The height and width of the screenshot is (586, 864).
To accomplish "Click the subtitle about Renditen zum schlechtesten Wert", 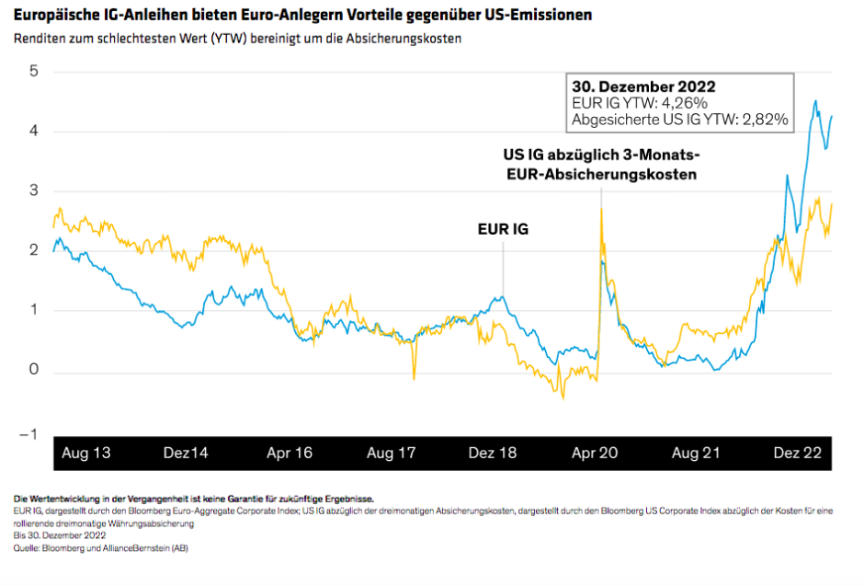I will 237,39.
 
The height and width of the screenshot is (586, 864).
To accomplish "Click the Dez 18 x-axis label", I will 494,454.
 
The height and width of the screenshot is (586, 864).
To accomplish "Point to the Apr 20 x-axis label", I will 596,454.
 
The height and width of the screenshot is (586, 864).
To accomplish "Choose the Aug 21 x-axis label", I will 697,454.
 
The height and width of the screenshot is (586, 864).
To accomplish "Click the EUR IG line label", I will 504,229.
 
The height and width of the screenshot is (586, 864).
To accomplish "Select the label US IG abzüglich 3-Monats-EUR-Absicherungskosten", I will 602,164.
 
